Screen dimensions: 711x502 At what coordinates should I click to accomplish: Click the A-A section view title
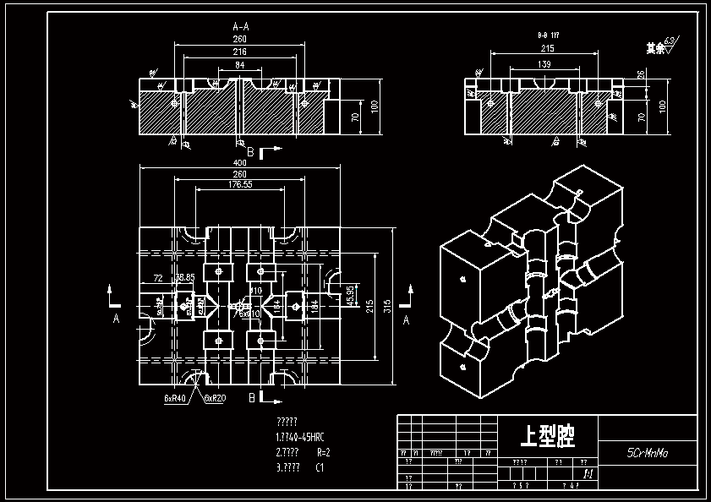241,26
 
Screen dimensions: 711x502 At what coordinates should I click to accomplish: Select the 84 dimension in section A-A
240,65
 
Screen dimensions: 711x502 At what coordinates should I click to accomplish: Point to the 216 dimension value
240,52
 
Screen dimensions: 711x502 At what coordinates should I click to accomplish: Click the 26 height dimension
640,75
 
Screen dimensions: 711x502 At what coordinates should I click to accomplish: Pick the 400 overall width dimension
240,162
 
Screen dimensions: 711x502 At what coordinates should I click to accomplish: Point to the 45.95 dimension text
351,297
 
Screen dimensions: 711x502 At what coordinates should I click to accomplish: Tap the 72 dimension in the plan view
157,278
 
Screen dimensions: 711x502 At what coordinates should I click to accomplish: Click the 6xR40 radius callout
175,397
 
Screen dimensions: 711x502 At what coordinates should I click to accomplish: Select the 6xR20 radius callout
215,397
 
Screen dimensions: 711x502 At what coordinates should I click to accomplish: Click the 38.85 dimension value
184,277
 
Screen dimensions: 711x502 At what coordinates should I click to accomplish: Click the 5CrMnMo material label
648,452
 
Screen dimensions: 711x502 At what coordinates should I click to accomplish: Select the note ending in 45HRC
299,437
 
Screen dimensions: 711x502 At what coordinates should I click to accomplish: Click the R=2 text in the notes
322,452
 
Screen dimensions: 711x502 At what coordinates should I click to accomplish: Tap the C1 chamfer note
320,467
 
